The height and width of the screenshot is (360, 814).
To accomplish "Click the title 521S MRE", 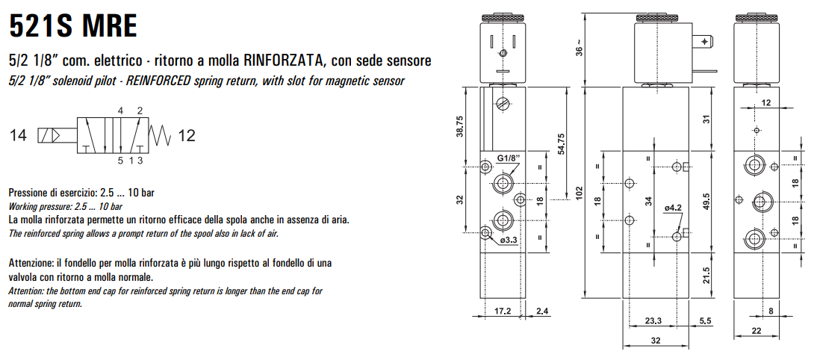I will coord(73,26).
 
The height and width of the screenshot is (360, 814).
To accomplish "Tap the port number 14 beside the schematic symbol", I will coord(18,135).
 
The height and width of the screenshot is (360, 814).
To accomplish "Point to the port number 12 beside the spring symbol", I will coord(187,135).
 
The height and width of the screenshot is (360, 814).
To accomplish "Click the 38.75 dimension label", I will coord(460,126).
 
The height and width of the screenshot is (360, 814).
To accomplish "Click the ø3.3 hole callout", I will coord(509,240).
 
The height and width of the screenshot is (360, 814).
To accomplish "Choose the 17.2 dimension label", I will coord(503,311).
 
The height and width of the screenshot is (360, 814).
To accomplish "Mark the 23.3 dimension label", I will coord(653,321).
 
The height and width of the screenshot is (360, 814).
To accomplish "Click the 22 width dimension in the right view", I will coord(756,330).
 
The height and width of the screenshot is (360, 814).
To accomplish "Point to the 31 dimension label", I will coord(704,119).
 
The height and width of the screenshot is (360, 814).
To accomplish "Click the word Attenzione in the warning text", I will coord(31,263).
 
